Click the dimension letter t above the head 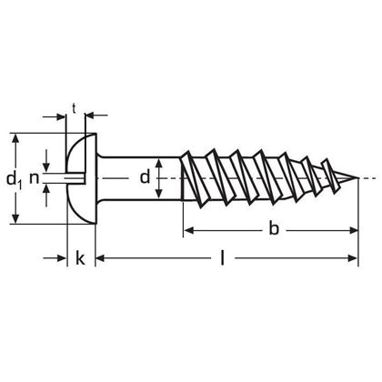click(x=73, y=109)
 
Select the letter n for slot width click(x=36, y=178)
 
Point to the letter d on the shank click(x=145, y=178)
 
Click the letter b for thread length click(x=273, y=231)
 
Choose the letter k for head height click(x=80, y=260)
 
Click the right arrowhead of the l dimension click(x=356, y=260)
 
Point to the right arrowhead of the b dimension click(x=356, y=231)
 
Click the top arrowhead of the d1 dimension click(x=15, y=138)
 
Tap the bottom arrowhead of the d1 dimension click(x=15, y=218)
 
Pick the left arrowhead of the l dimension click(x=101, y=260)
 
